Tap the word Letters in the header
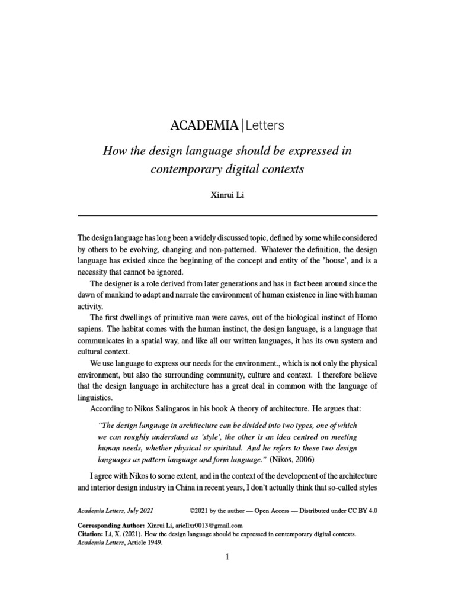tap(264, 125)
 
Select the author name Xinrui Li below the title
tap(227, 195)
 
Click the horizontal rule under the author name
tap(227, 215)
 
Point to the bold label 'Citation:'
tap(91, 533)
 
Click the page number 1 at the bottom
tap(227, 557)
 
